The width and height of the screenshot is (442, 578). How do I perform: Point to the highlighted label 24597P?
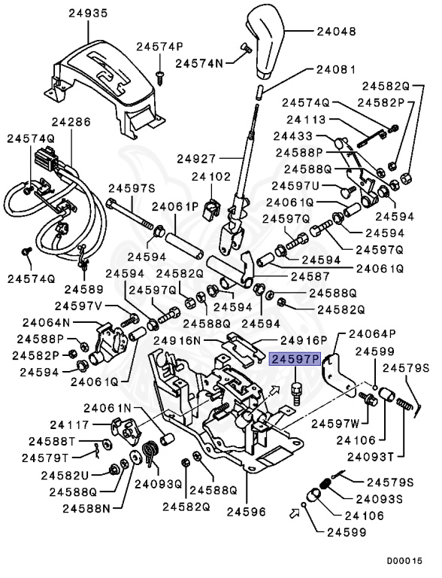(x=296, y=360)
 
